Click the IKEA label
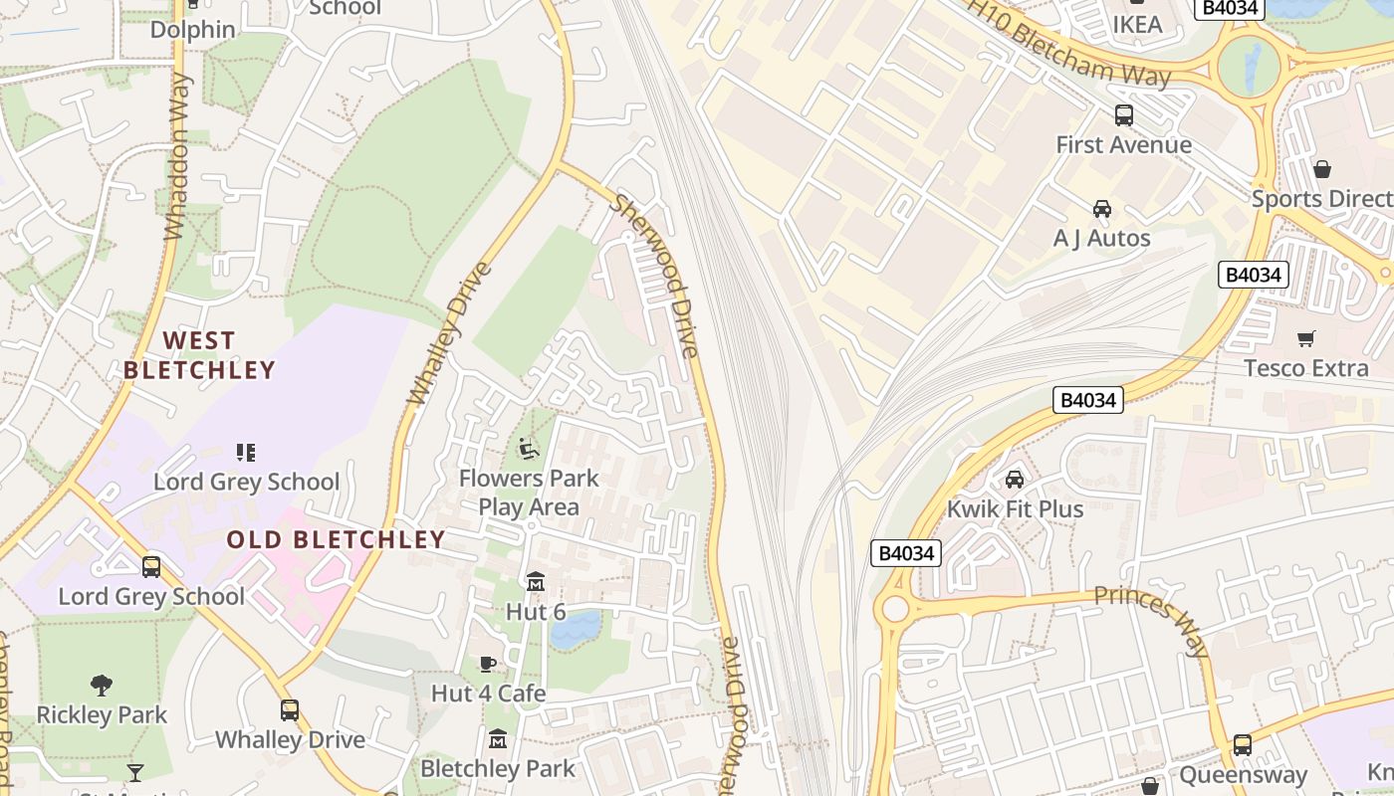click(1137, 24)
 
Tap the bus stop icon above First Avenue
click(1123, 115)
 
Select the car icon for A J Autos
click(1102, 209)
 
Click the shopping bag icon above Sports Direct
click(1322, 169)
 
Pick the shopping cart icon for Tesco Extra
click(1306, 339)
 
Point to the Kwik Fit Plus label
click(1015, 508)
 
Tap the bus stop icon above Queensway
click(1243, 745)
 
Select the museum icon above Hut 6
click(536, 581)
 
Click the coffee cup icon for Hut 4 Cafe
click(488, 664)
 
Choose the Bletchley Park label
click(498, 768)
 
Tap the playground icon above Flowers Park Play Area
click(529, 450)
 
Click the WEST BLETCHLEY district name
click(199, 355)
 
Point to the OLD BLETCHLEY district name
click(336, 539)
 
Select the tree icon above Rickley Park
click(102, 685)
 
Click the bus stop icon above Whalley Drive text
click(290, 710)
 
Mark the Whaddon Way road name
click(176, 156)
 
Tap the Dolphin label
click(192, 29)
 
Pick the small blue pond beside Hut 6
click(576, 630)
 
